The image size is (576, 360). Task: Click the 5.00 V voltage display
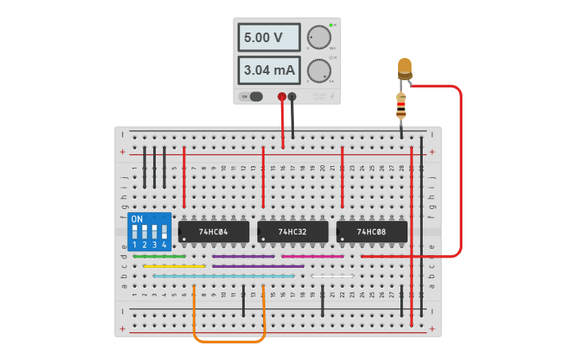269,37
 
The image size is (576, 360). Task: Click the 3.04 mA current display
269,70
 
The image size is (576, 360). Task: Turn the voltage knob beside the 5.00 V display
319,37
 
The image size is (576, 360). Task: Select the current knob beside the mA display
319,71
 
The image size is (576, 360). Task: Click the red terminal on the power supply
281,97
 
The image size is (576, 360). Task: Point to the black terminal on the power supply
292,97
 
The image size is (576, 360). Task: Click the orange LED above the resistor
404,67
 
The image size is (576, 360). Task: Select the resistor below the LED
401,104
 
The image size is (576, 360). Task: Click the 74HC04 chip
213,231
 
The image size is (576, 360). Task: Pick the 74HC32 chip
292,231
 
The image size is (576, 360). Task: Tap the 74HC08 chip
372,231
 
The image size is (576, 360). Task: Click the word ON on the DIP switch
137,219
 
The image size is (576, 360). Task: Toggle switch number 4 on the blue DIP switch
164,233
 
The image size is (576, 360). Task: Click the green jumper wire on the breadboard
159,257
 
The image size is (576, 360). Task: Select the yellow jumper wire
174,266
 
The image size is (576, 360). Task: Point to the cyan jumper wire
223,276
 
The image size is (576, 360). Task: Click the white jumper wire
332,276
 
